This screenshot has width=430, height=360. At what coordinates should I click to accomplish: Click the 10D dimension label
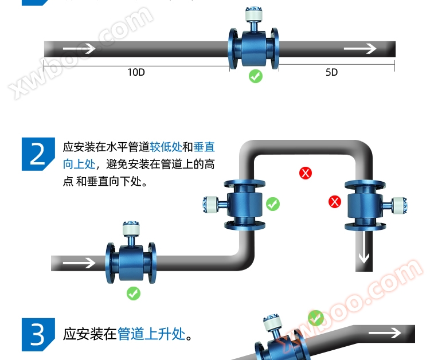coord(136,72)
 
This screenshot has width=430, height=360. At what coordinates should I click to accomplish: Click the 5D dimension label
coord(331,72)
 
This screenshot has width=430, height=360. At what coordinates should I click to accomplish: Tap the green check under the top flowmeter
coord(256,76)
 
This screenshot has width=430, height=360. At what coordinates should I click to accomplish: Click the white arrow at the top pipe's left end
coord(79,49)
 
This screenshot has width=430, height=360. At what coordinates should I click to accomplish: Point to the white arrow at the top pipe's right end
coord(360,49)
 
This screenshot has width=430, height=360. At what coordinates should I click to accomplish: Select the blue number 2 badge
coord(38,154)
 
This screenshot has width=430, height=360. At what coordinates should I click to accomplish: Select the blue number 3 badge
coord(38,335)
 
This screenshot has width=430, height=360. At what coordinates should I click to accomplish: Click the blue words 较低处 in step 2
coord(166,147)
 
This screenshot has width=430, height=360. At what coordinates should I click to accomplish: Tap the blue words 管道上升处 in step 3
coord(151,334)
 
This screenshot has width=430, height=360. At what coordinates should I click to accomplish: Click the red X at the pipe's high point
coord(306,173)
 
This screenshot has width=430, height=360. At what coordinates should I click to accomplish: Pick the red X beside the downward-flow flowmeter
coord(335,202)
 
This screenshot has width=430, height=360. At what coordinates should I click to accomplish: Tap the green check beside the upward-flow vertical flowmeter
coord(273,204)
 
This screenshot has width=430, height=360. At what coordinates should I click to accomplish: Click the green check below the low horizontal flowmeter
coord(134,294)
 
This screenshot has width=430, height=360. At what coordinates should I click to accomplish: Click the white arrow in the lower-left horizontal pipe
coord(79,263)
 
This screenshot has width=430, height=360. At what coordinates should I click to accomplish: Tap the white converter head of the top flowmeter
coord(253,14)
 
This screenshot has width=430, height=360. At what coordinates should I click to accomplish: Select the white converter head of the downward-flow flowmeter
coord(400,205)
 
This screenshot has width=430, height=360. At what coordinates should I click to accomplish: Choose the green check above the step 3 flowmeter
coord(316,318)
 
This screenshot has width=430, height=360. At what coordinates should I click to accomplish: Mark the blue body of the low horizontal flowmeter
coord(131,263)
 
